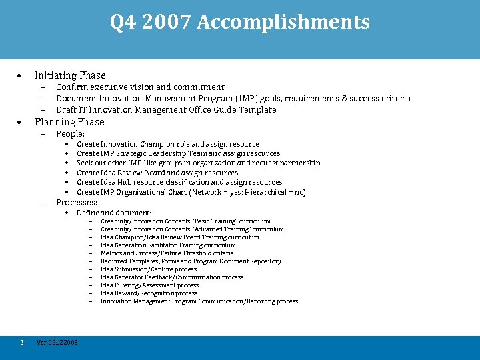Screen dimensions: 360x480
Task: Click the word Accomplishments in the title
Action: pos(283,23)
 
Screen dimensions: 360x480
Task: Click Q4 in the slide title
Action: pos(124,23)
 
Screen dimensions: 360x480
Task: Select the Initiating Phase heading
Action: pos(70,75)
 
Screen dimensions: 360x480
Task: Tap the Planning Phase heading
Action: pos(69,122)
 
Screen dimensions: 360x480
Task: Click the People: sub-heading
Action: pos(70,134)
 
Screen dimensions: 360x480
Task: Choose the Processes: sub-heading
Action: pos(76,202)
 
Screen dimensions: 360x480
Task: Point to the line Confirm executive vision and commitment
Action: pos(140,87)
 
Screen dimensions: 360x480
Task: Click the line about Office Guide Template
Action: pos(166,110)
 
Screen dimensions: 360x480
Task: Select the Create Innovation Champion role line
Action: pos(167,144)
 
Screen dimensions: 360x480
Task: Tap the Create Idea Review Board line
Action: pos(157,173)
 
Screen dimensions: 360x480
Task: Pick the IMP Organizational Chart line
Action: pos(191,192)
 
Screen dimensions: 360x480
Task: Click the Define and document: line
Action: pos(113,213)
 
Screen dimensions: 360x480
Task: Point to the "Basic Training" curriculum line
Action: pos(185,221)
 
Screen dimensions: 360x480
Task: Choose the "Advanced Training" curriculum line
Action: pos(192,229)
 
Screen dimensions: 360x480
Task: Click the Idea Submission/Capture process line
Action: pos(149,269)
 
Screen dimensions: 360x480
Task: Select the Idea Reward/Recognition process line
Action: pos(149,293)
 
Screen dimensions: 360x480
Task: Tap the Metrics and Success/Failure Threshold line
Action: pos(167,253)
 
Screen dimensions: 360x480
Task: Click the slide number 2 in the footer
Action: pos(22,343)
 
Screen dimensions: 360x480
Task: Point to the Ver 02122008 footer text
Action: pos(57,343)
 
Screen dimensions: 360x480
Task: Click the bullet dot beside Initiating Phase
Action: pos(21,75)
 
